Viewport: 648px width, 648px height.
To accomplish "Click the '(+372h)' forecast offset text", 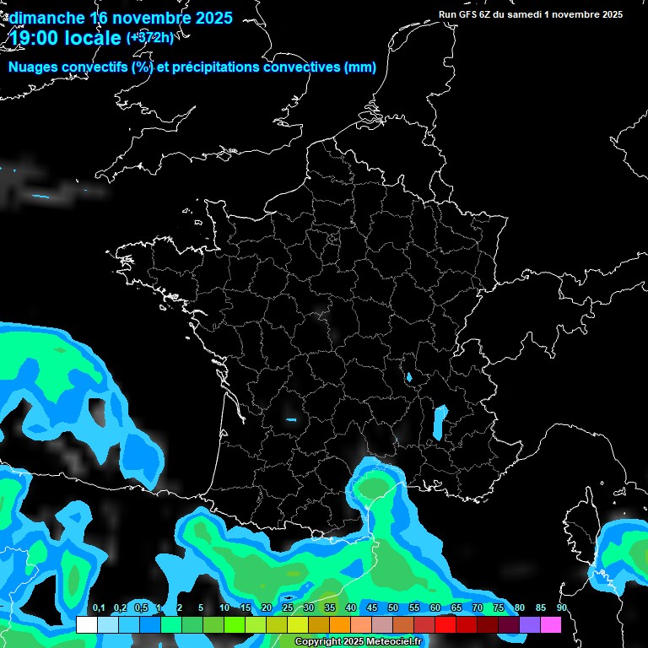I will [150, 38].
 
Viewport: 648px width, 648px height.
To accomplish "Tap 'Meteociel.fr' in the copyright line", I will [400, 642].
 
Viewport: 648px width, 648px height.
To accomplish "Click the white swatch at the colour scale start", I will [86, 624].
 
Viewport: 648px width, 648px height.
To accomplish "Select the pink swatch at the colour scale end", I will [551, 624].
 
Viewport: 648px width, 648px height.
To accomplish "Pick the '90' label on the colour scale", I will [562, 608].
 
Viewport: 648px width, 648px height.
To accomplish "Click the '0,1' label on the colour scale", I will [99, 608].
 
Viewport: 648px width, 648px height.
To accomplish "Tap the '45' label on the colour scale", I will [372, 608].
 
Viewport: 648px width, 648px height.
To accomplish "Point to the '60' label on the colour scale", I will [435, 608].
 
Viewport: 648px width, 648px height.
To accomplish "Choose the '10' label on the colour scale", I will [224, 608].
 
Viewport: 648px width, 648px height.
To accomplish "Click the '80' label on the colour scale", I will [520, 608].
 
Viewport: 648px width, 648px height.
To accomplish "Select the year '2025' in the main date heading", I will [206, 18].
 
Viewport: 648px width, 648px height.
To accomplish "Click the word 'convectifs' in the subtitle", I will [92, 67].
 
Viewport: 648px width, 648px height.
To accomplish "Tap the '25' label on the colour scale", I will [288, 608].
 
